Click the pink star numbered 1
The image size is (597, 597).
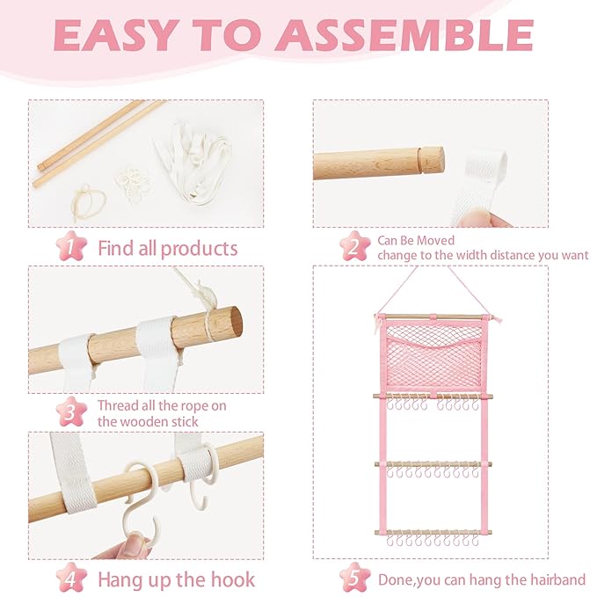(x=71, y=246)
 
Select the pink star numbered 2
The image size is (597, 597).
(x=355, y=246)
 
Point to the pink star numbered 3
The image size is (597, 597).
(x=71, y=411)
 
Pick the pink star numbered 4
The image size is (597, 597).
(x=71, y=578)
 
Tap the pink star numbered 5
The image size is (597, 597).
(x=355, y=578)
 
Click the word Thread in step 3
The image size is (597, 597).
(x=118, y=406)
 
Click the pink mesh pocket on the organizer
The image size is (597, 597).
(x=434, y=356)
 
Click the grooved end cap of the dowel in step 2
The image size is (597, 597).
(x=432, y=160)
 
